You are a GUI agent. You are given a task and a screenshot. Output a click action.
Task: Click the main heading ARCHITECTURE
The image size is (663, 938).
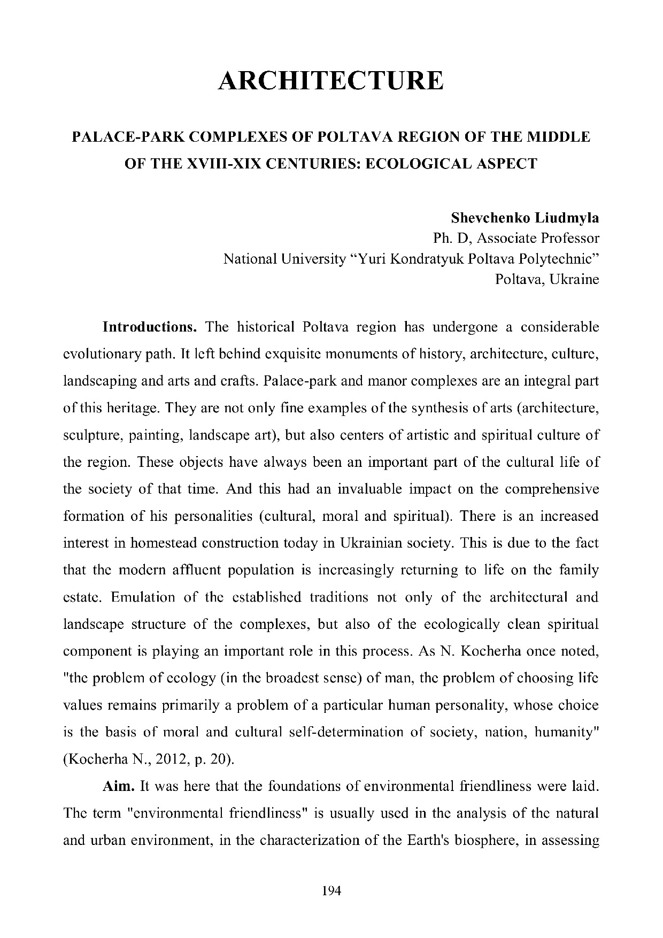click(331, 81)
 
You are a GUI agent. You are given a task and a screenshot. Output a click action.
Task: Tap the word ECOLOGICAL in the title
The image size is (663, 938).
click(419, 164)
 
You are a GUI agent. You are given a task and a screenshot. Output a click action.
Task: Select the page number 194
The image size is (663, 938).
click(331, 891)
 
